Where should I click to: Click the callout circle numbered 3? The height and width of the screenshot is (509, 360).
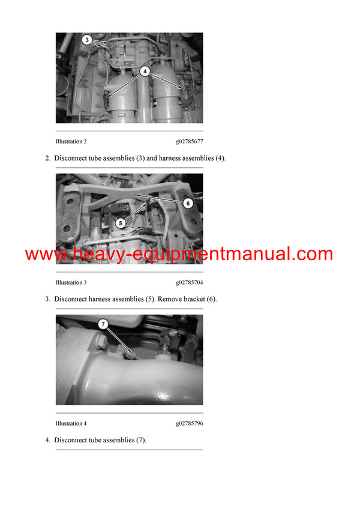coord(87,41)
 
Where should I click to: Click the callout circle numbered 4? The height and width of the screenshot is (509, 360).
coord(144,70)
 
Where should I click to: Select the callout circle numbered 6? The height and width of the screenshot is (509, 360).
coord(187,203)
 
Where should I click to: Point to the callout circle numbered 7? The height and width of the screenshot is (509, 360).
coord(103,324)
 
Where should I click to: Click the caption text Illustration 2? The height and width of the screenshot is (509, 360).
coord(71,141)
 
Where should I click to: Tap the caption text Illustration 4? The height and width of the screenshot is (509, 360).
coord(71,423)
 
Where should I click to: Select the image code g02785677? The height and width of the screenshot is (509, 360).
coord(189,141)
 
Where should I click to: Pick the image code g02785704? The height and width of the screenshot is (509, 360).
coord(189,282)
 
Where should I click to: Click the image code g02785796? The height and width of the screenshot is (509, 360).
coord(189,423)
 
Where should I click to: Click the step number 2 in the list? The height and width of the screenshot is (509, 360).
coord(47,158)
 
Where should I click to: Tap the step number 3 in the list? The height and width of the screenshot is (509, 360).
coord(47,299)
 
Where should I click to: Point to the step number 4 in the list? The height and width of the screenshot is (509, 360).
coord(47,440)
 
